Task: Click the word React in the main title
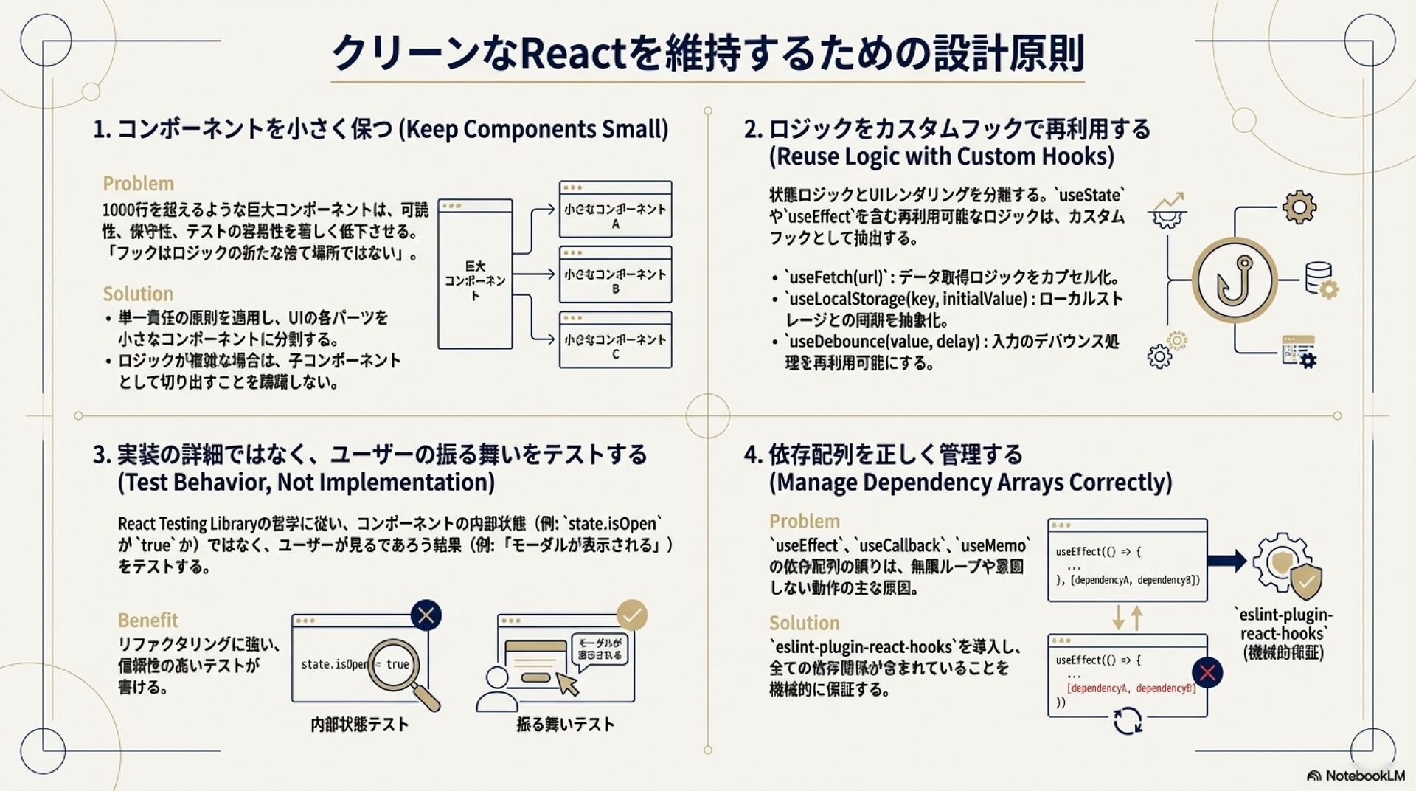point(572,53)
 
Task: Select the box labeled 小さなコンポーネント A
point(615,210)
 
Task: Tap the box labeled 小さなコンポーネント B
point(615,274)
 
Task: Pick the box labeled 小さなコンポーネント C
point(615,340)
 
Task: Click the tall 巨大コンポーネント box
point(475,274)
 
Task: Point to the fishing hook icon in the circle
point(1235,280)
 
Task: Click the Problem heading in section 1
point(138,184)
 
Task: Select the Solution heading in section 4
point(804,624)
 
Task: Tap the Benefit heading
point(147,621)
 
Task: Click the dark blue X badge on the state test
point(426,615)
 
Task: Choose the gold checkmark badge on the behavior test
point(631,615)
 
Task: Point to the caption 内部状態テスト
point(359,725)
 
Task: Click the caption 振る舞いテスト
point(565,725)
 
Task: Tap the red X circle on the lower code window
point(1207,673)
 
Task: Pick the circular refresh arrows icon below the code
point(1127,721)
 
